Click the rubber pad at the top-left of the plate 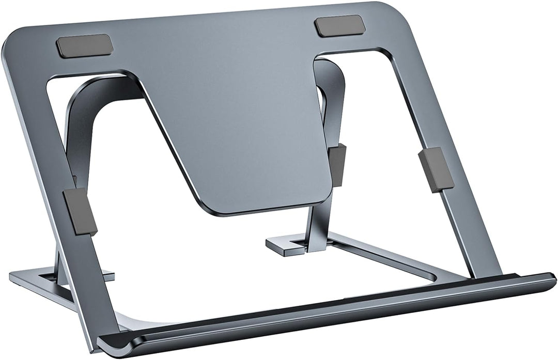(x=84, y=45)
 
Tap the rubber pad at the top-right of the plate (x=339, y=26)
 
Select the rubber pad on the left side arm (x=80, y=212)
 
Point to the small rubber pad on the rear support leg (x=339, y=164)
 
